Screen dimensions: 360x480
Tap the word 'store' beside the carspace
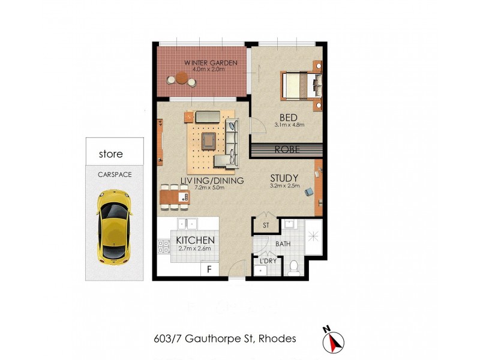tap(110, 154)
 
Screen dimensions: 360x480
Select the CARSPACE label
tap(115, 175)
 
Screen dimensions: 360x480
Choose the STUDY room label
tap(284, 178)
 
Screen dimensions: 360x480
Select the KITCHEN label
tap(196, 241)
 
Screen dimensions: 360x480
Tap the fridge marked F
tap(210, 269)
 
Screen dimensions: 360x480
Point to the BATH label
tap(283, 244)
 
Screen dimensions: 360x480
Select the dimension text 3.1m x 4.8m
tap(290, 125)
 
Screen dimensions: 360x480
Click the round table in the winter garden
tap(181, 78)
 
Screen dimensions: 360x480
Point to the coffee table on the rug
tap(208, 140)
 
